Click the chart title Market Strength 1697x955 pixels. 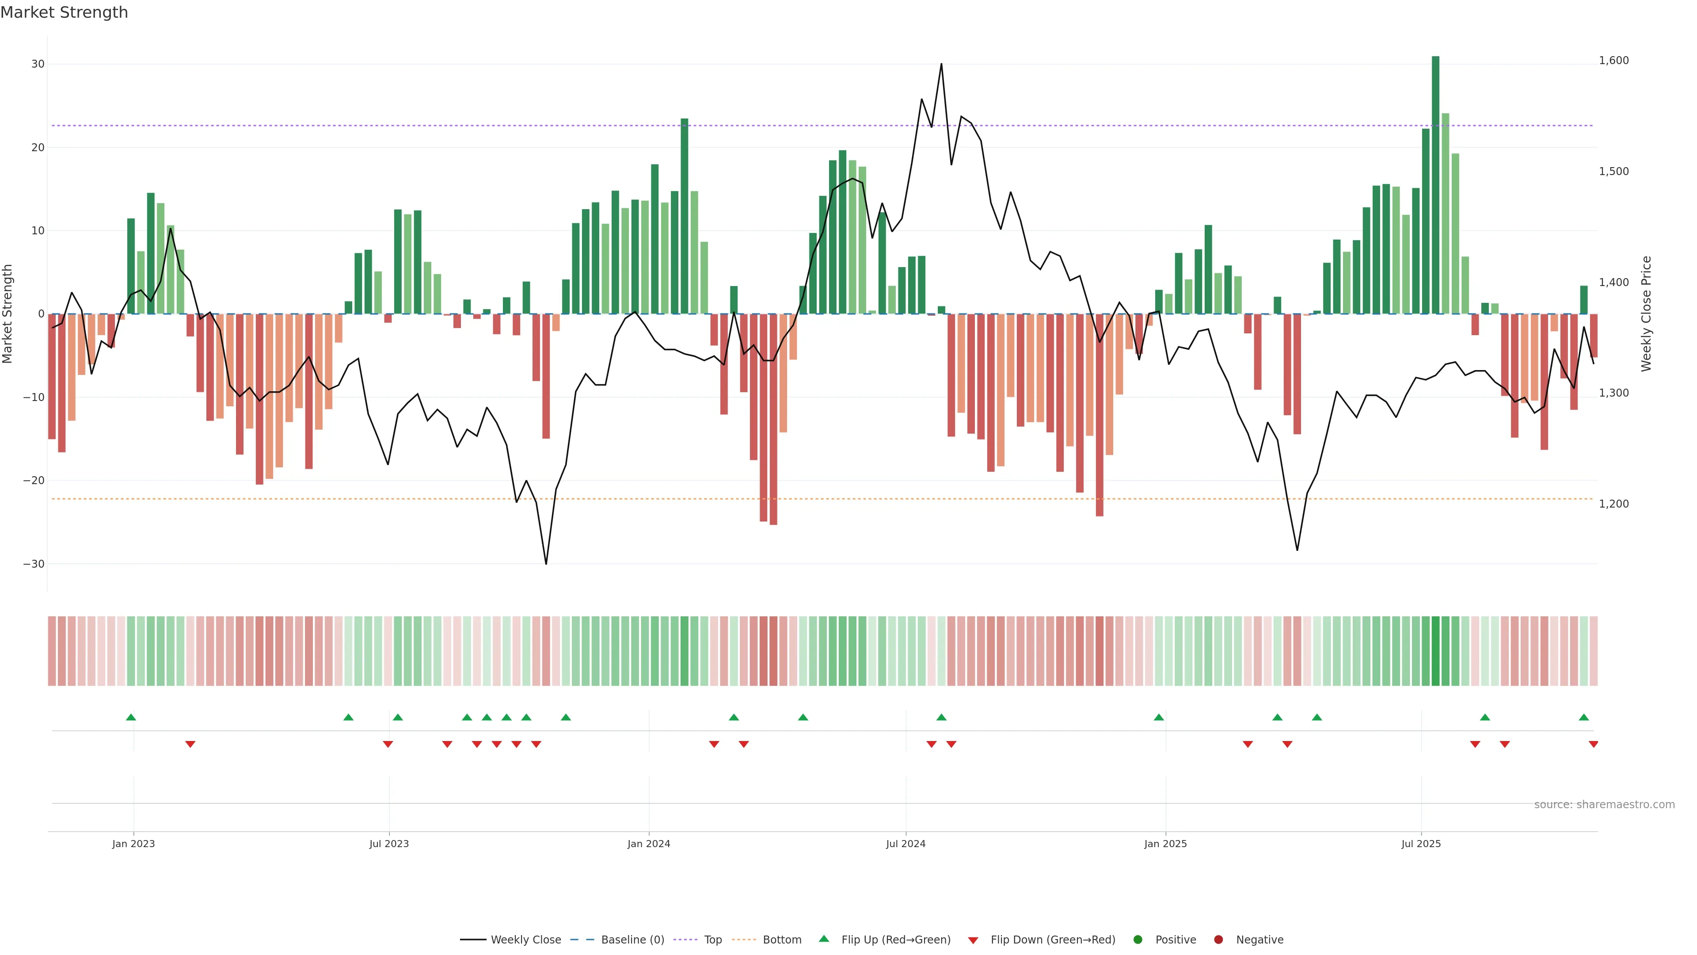[64, 12]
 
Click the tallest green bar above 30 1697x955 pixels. [1435, 184]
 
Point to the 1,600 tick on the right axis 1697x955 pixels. [1613, 61]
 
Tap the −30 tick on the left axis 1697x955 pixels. [34, 564]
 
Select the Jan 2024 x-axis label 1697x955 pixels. [648, 844]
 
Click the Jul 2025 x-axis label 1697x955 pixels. [1421, 844]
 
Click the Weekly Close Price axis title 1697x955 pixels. [1646, 314]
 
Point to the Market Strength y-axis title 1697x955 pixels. [8, 314]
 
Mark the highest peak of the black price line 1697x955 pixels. [941, 64]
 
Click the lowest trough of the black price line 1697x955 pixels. [545, 564]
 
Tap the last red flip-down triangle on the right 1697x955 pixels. [1593, 745]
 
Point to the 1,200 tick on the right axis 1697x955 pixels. [1613, 504]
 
